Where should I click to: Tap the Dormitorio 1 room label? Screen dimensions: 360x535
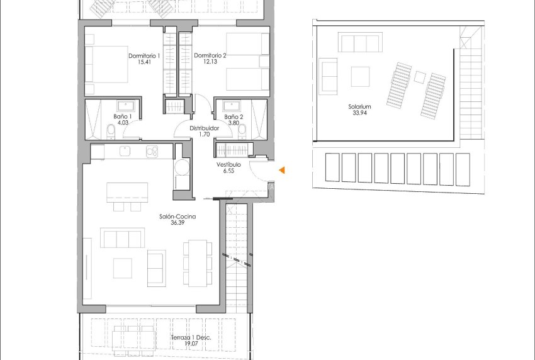(145, 56)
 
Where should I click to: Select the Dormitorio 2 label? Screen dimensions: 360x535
(210, 56)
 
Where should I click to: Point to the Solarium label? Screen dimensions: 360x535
(359, 107)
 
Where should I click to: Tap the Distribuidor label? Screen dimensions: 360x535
(205, 128)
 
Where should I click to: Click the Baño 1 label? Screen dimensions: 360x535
(122, 116)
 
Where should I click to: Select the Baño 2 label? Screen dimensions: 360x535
(234, 116)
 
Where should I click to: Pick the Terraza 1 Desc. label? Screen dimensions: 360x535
(190, 338)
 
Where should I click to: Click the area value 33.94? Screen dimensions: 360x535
(359, 114)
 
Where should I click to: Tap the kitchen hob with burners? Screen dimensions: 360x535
(151, 150)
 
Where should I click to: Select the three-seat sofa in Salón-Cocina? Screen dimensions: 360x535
(122, 239)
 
